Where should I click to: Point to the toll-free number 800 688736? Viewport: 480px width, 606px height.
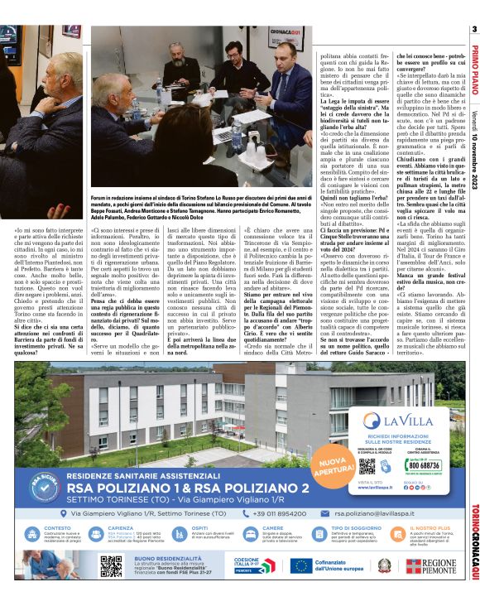(x=423, y=465)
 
